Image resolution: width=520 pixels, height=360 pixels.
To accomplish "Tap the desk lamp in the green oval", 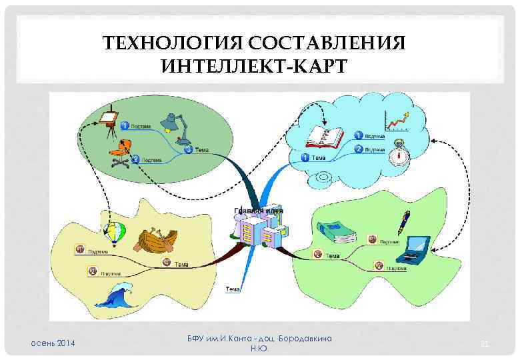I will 174,125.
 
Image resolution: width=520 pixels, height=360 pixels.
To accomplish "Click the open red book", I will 324,137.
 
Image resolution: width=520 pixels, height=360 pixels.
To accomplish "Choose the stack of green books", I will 337,231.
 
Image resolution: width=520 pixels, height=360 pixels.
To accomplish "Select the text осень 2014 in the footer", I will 54,343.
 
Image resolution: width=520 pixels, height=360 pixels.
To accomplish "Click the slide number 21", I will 485,343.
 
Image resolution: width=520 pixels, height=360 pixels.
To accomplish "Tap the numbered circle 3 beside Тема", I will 188,149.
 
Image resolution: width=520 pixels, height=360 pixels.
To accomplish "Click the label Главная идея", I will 259,211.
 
